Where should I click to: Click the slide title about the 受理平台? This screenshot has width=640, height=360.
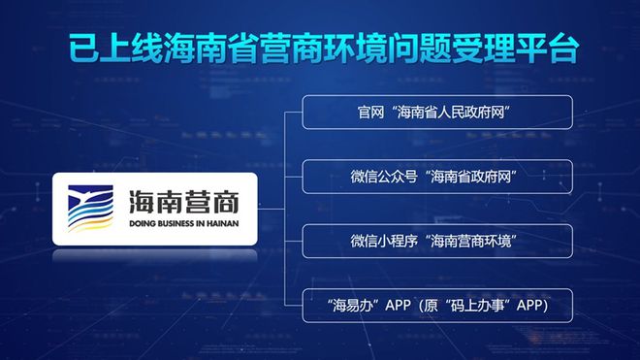319,48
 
